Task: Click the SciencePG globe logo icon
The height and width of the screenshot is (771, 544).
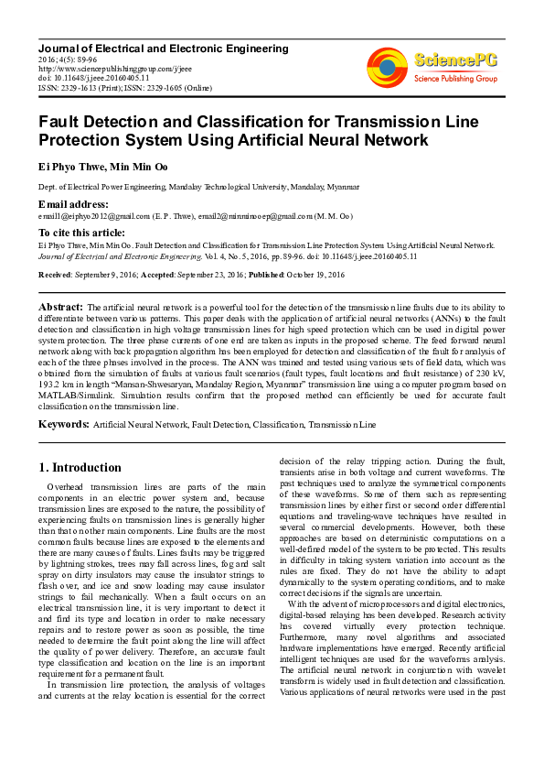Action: [x=388, y=67]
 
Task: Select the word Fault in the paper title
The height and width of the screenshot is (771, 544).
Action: [x=66, y=121]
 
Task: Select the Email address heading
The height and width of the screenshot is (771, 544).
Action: [x=74, y=204]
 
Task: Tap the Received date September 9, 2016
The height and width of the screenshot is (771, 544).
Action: [x=105, y=275]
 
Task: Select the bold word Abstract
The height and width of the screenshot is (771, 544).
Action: [x=60, y=306]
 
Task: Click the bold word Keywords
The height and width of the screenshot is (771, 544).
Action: [x=63, y=425]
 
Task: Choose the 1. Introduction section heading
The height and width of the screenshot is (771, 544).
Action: [x=80, y=467]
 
